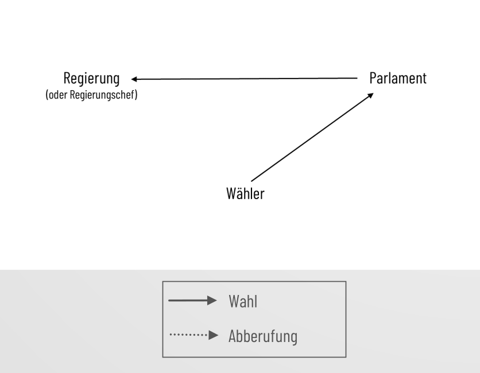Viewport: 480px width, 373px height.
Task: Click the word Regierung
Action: click(92, 79)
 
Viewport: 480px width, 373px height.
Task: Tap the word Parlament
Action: click(398, 78)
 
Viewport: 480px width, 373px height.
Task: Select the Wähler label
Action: click(245, 193)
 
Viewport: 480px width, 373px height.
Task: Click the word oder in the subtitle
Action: click(56, 95)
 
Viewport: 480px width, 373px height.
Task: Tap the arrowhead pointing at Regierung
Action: click(134, 78)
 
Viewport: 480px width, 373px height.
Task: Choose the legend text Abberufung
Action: click(262, 336)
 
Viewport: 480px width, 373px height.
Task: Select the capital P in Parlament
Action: click(373, 78)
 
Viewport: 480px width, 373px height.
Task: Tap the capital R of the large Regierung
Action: click(68, 79)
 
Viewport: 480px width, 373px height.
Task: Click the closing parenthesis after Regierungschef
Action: click(136, 95)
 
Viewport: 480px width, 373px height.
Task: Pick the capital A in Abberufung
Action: click(233, 336)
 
